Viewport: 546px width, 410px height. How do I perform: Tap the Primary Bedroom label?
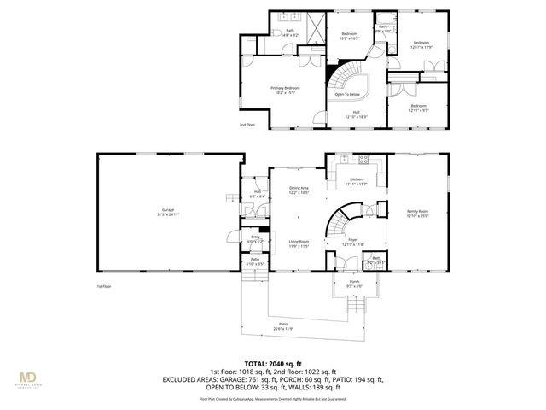click(286, 90)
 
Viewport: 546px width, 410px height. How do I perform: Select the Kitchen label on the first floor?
click(356, 181)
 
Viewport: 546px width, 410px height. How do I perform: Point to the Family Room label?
click(417, 213)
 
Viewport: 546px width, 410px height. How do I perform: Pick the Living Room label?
click(298, 243)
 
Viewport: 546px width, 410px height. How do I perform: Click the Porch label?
click(353, 282)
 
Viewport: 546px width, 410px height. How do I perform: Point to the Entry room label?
click(255, 239)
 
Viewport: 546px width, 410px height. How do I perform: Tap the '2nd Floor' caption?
click(247, 125)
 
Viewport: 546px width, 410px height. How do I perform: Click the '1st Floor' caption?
click(103, 286)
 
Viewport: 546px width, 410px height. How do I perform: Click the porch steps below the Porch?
click(353, 305)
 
